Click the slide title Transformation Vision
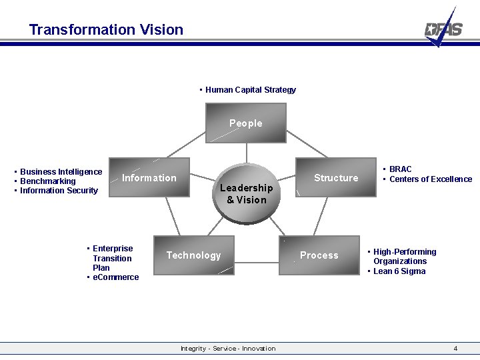tap(106, 29)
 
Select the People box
tap(246, 123)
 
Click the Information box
tap(149, 178)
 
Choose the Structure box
tap(336, 178)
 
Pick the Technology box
tap(193, 255)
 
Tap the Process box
tap(319, 255)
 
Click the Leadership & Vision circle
tap(246, 193)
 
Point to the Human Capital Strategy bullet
tap(250, 90)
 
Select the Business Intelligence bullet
tap(61, 172)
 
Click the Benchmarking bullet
tap(47, 181)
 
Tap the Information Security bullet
tap(59, 191)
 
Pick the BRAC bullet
tap(400, 169)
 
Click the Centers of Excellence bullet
tap(430, 179)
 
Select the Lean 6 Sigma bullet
tap(399, 271)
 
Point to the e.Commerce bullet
tap(115, 277)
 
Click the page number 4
tap(455, 349)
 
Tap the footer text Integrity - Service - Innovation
tap(228, 349)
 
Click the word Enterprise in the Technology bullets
tap(113, 249)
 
